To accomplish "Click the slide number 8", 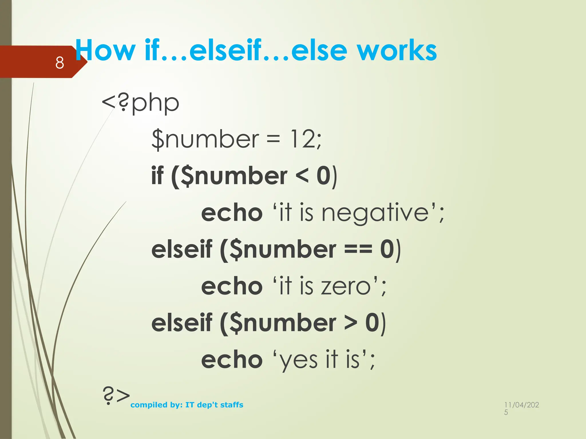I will point(60,63).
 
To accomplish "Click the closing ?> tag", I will point(116,396).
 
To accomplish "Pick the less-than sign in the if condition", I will point(302,176).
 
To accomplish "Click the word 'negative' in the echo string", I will point(375,213).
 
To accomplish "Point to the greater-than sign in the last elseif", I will point(351,323).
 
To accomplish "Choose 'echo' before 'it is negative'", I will point(232,213).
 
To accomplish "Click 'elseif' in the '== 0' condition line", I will point(182,249).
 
